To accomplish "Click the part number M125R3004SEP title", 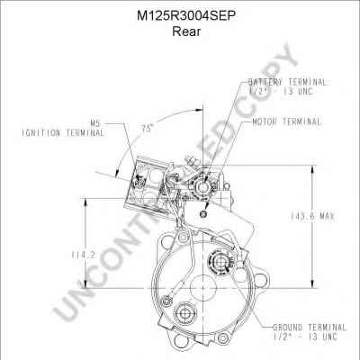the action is tap(185, 16).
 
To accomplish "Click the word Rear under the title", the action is tap(186, 31).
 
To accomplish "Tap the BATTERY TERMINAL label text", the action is tap(287, 82).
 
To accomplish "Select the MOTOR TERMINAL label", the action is tap(286, 121).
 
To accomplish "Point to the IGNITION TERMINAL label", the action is tap(63, 132).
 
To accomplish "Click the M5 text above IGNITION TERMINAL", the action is tap(96, 123).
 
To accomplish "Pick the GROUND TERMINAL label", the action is tap(310, 327).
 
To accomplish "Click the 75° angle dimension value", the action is tap(148, 129).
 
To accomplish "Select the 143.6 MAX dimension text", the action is tap(312, 216).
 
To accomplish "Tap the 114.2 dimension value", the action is tap(83, 255).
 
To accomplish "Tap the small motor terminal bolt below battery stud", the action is tap(203, 213).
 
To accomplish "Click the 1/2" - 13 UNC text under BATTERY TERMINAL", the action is tap(281, 91).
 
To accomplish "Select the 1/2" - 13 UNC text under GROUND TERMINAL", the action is tap(305, 337).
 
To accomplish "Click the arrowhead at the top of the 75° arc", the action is tap(199, 111).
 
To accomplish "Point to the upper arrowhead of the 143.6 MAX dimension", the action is tap(312, 169).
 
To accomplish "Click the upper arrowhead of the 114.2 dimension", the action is tap(85, 202).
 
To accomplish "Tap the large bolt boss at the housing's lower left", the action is tap(184, 314).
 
